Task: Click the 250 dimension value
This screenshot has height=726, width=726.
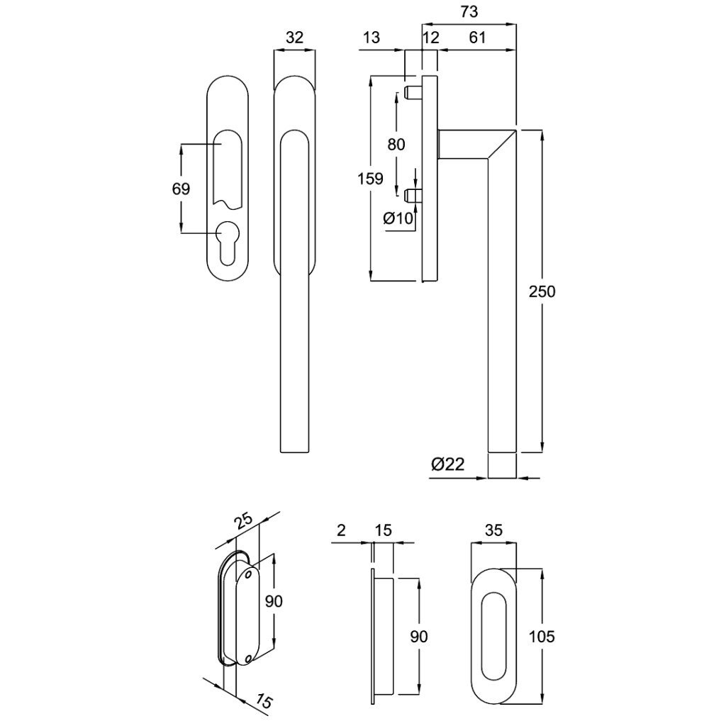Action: tap(542, 291)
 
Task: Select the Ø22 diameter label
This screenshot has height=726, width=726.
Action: tap(447, 464)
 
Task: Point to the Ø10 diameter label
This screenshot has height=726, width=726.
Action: tap(398, 218)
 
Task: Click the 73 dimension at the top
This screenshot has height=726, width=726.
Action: tap(469, 12)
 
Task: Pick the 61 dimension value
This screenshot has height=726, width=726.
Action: tap(477, 38)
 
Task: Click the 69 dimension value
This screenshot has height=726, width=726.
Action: tap(181, 189)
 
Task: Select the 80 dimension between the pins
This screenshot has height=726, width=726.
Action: tap(396, 144)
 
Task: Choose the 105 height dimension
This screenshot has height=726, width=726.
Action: tap(542, 636)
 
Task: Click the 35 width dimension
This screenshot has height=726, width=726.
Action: tap(493, 530)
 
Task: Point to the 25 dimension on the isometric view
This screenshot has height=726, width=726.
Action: tap(243, 523)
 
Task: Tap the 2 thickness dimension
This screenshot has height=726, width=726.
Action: tap(342, 530)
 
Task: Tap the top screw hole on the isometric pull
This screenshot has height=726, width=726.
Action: tap(247, 576)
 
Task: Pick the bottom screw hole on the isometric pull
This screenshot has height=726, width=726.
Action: tap(247, 659)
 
